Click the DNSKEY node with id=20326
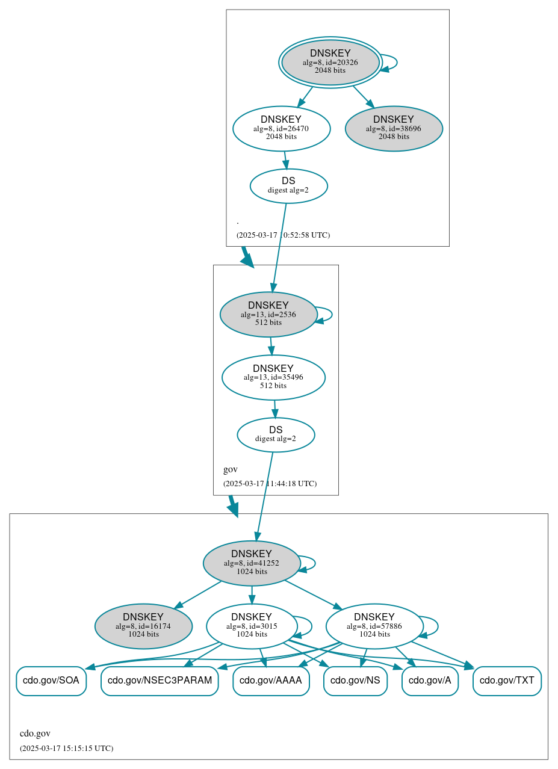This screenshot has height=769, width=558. (x=330, y=62)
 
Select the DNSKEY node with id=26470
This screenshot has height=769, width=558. (x=281, y=128)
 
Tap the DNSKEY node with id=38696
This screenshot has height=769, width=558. (x=394, y=128)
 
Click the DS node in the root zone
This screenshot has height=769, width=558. (x=288, y=185)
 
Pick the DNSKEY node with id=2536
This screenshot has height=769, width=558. (x=268, y=314)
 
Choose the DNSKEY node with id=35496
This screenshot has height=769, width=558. (x=273, y=377)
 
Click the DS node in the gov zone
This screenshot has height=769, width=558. (x=276, y=434)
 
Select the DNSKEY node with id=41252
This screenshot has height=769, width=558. (x=252, y=563)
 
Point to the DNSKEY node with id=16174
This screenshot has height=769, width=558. (x=143, y=626)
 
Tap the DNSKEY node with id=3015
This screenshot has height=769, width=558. (x=252, y=626)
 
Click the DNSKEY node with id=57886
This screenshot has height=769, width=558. (x=374, y=626)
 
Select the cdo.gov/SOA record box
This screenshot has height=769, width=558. (x=51, y=681)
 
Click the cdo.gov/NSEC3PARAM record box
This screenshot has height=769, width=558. (x=160, y=681)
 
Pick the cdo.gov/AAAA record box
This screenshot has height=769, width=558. (x=271, y=681)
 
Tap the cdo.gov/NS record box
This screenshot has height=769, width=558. (x=355, y=681)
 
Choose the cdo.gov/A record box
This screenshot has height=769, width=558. (x=430, y=681)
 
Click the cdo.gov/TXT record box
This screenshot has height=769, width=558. (x=507, y=681)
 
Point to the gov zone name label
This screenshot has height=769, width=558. (x=231, y=469)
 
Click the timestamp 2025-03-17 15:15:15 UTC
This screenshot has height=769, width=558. (x=66, y=748)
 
